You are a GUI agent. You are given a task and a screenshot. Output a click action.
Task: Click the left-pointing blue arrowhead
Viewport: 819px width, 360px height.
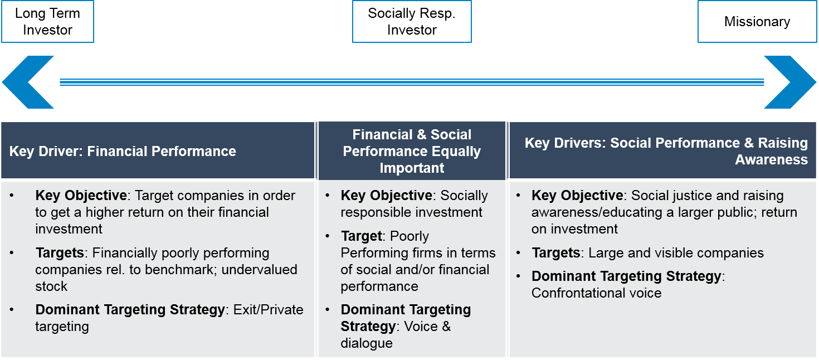click(x=25, y=82)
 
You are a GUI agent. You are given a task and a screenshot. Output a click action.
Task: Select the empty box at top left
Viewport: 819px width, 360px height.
click(x=47, y=22)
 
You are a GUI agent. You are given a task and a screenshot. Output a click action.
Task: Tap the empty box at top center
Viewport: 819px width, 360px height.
click(x=412, y=22)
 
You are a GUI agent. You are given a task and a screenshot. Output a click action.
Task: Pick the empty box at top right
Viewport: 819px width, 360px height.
click(x=757, y=22)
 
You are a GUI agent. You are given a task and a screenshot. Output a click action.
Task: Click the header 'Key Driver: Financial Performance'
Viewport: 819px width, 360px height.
click(x=123, y=151)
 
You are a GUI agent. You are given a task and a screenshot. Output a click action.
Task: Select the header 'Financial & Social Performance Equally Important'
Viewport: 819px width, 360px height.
click(x=412, y=151)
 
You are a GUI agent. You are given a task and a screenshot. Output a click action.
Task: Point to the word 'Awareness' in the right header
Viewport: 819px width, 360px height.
click(x=771, y=160)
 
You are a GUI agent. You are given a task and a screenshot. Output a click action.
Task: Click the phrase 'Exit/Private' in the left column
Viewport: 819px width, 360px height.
click(x=269, y=310)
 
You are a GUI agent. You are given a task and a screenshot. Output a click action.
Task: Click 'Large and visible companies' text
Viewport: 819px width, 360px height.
click(x=676, y=253)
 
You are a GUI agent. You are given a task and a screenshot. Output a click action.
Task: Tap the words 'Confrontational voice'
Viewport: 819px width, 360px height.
click(x=596, y=293)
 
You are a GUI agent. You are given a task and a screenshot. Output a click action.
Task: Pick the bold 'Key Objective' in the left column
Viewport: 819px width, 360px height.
click(x=81, y=196)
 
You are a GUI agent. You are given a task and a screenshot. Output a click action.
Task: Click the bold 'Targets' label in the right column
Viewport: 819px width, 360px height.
click(x=556, y=253)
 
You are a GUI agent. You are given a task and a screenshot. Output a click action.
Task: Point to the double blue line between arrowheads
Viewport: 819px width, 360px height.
click(x=412, y=82)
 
